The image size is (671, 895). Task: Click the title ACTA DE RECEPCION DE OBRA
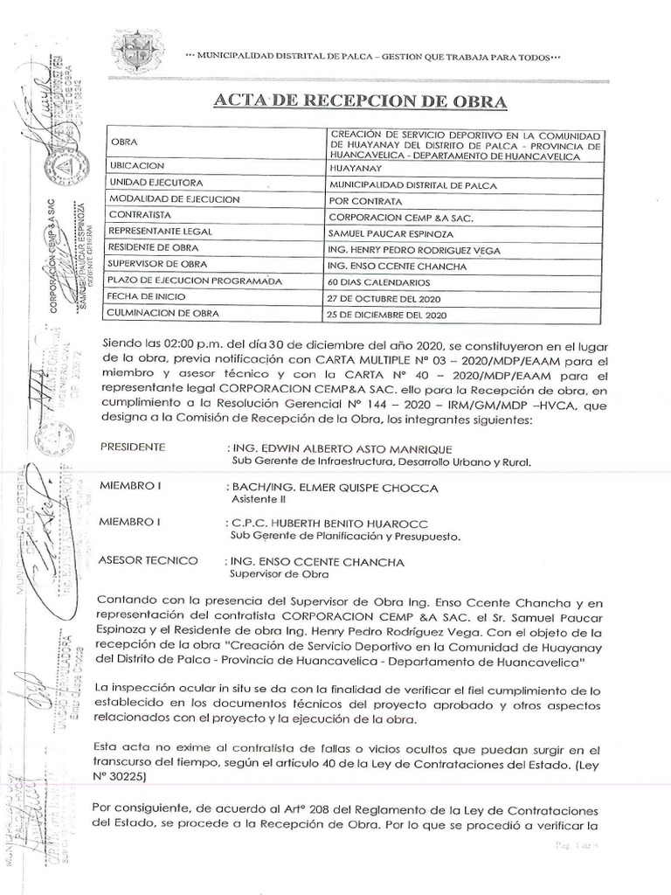(360, 101)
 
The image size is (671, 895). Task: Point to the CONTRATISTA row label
(143, 216)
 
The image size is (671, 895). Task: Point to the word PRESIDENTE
(133, 447)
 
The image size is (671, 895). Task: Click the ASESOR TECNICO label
(149, 560)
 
